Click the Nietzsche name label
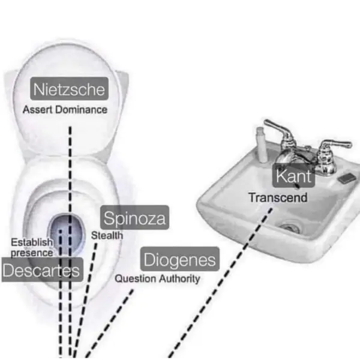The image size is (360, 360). (x=70, y=90)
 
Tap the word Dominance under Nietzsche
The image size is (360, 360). (x=86, y=110)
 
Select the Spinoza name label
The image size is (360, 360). (x=134, y=217)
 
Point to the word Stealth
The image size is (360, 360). (x=107, y=236)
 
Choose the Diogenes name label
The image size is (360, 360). (x=179, y=260)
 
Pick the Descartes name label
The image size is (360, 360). (x=41, y=271)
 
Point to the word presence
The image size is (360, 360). (x=32, y=253)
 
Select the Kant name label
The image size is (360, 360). (x=293, y=176)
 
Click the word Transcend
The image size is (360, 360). (x=278, y=197)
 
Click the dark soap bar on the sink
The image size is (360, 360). (x=345, y=179)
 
